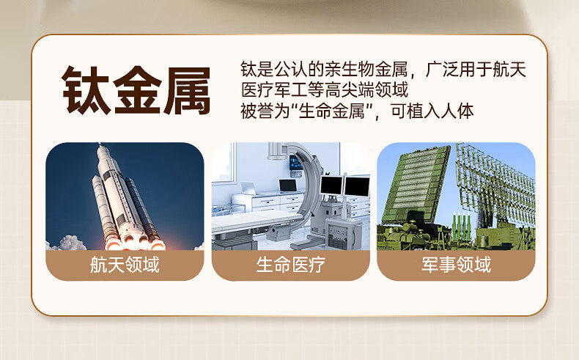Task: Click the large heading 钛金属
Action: (x=136, y=90)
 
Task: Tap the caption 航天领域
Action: (x=125, y=265)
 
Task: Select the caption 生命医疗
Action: (x=291, y=265)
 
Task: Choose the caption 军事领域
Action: (x=457, y=265)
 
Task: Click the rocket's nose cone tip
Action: (x=100, y=146)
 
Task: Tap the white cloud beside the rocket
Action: (x=69, y=243)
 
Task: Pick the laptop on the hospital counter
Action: (x=287, y=185)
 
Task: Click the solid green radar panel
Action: (x=416, y=184)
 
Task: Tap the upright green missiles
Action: (x=462, y=226)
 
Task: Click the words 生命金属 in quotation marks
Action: (x=331, y=111)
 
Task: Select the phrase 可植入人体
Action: (x=432, y=111)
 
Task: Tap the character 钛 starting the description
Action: (x=249, y=69)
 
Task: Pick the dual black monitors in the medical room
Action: (x=345, y=185)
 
